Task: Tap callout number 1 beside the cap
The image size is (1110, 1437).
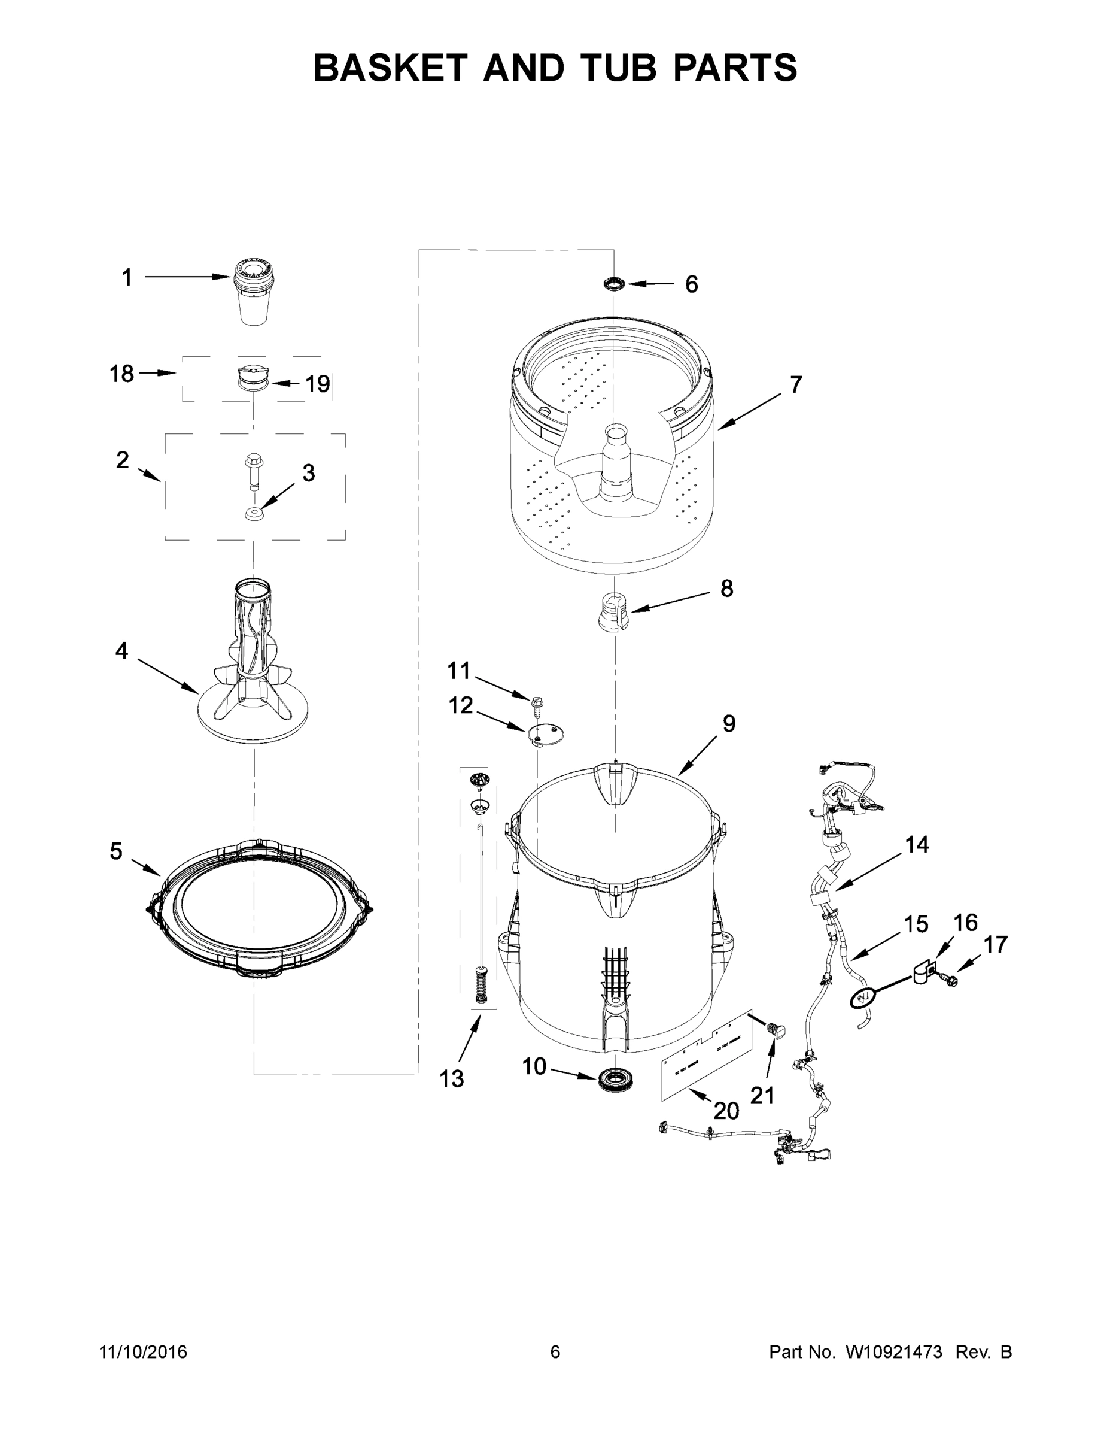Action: (127, 278)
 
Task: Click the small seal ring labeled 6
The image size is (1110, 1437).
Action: (613, 284)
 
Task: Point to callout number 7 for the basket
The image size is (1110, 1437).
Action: (796, 384)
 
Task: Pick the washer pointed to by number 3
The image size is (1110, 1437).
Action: (253, 513)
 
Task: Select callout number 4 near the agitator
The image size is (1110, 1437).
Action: (121, 651)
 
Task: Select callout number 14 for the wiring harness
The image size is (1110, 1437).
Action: (917, 844)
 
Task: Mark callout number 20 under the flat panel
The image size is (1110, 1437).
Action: (726, 1111)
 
